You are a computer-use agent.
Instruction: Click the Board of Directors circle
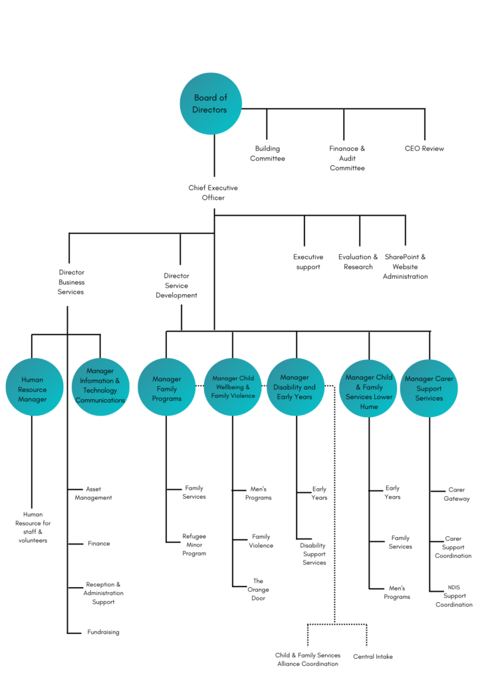(x=210, y=103)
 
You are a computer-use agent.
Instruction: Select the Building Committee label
(x=267, y=153)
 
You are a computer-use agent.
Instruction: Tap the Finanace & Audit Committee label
(x=347, y=158)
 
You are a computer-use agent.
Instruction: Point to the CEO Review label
(x=424, y=149)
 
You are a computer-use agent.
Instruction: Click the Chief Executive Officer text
(x=213, y=193)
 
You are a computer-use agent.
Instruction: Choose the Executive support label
(x=308, y=262)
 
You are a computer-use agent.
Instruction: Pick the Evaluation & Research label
(x=358, y=262)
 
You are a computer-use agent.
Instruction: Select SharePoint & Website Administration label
(x=405, y=266)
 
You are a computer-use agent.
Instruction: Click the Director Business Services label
(x=71, y=282)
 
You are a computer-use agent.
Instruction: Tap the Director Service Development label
(x=176, y=286)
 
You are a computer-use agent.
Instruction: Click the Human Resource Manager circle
(x=34, y=388)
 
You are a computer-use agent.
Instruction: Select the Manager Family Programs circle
(x=166, y=388)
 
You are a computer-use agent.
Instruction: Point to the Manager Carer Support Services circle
(x=429, y=388)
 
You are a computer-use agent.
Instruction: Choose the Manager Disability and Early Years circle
(x=296, y=387)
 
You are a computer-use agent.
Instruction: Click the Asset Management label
(x=94, y=493)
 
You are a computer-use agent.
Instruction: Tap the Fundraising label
(x=103, y=632)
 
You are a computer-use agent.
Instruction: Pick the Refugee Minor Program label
(x=194, y=544)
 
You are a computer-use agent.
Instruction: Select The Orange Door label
(x=258, y=589)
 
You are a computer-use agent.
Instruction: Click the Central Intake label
(x=372, y=657)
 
